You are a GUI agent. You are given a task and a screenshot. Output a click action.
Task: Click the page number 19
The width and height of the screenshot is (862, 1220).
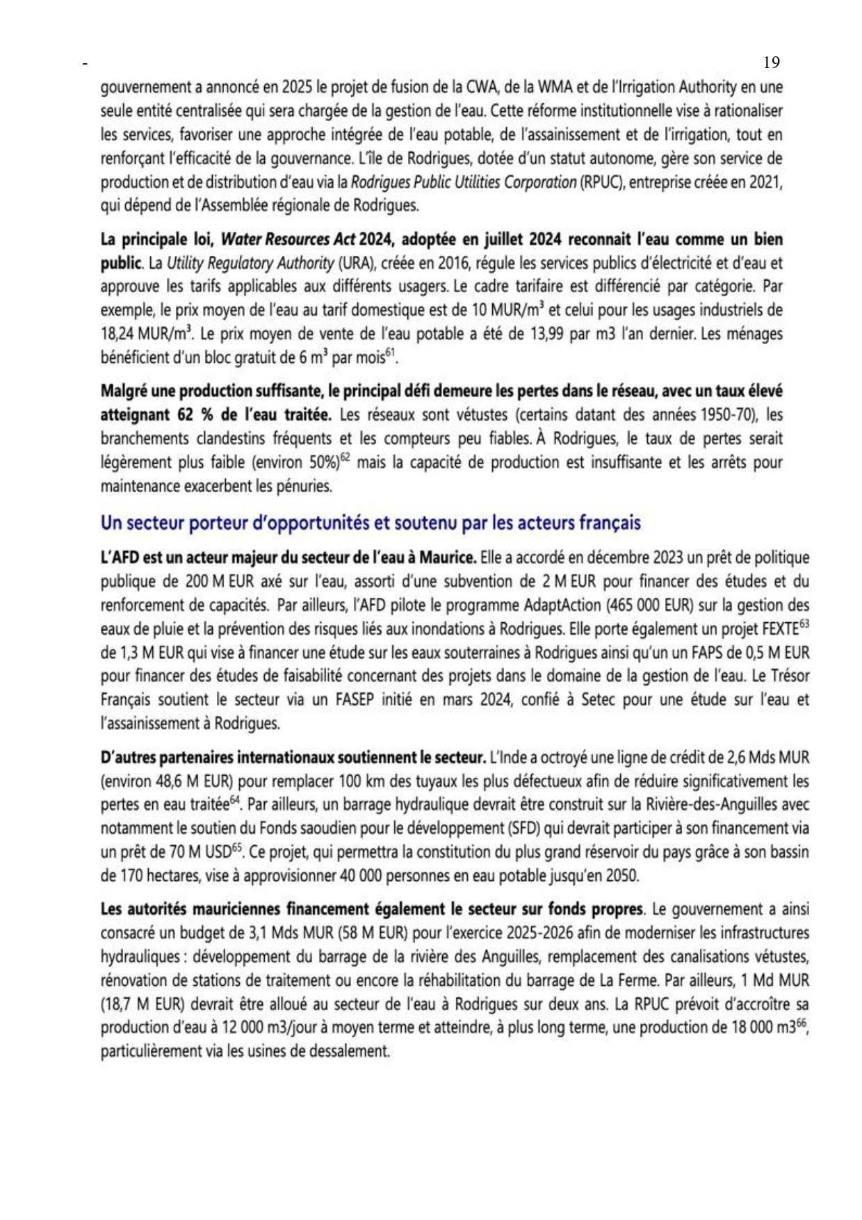click(x=771, y=63)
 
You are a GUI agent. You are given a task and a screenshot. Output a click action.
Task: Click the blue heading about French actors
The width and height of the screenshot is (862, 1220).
click(x=371, y=522)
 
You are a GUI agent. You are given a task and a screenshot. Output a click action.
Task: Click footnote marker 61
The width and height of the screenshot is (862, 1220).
click(x=390, y=354)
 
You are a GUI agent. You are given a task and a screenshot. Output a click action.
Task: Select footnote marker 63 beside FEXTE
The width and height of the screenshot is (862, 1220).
click(x=804, y=624)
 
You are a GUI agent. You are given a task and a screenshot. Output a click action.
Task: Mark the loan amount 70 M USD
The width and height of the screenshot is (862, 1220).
click(x=191, y=852)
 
